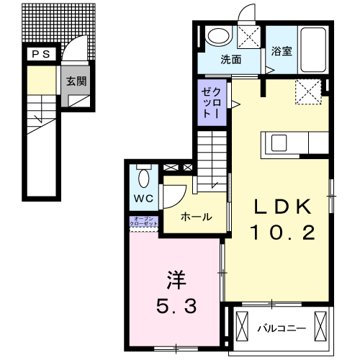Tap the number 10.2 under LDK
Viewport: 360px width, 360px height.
pyautogui.click(x=281, y=232)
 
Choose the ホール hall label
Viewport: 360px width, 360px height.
pyautogui.click(x=196, y=216)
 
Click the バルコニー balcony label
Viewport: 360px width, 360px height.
pyautogui.click(x=282, y=328)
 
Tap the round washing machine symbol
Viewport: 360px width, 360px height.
pyautogui.click(x=216, y=37)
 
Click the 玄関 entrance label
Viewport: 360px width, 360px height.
pyautogui.click(x=77, y=81)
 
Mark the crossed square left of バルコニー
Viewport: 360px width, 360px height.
pyautogui.click(x=240, y=328)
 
